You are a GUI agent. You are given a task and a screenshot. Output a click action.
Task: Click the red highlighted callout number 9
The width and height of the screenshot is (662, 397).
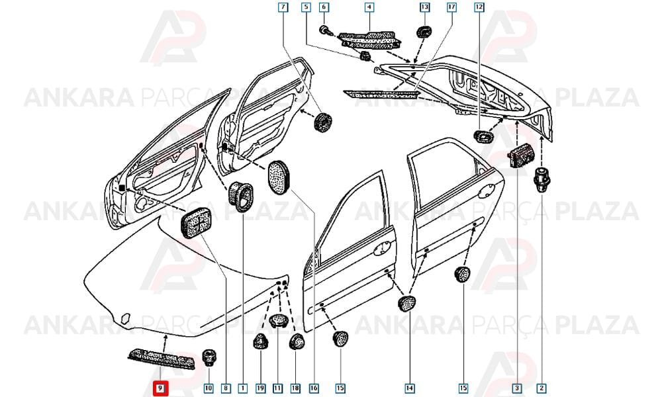pyautogui.click(x=160, y=388)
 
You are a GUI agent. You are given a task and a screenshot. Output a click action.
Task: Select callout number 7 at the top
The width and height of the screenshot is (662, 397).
pyautogui.click(x=283, y=7)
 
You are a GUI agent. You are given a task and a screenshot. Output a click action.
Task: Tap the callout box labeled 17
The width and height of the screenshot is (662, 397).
pyautogui.click(x=451, y=7)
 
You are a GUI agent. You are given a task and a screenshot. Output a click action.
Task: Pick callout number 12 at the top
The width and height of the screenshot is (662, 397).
pyautogui.click(x=479, y=7)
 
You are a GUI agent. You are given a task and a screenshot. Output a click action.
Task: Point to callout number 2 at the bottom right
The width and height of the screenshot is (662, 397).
pyautogui.click(x=542, y=388)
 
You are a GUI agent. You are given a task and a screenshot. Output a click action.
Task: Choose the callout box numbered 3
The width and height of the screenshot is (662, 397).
pyautogui.click(x=517, y=388)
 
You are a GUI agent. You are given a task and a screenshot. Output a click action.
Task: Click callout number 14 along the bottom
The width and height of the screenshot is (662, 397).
pyautogui.click(x=409, y=388)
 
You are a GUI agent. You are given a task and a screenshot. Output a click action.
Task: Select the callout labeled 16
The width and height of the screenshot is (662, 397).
pyautogui.click(x=314, y=388)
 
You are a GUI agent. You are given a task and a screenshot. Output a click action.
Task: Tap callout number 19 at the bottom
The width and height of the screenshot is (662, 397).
pyautogui.click(x=260, y=388)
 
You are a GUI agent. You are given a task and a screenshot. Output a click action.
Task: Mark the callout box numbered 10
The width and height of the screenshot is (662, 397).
pyautogui.click(x=209, y=388)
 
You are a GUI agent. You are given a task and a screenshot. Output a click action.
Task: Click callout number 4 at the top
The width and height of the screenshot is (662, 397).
pyautogui.click(x=369, y=7)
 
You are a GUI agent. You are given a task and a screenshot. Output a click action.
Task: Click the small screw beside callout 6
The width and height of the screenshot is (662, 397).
pyautogui.click(x=325, y=30)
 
